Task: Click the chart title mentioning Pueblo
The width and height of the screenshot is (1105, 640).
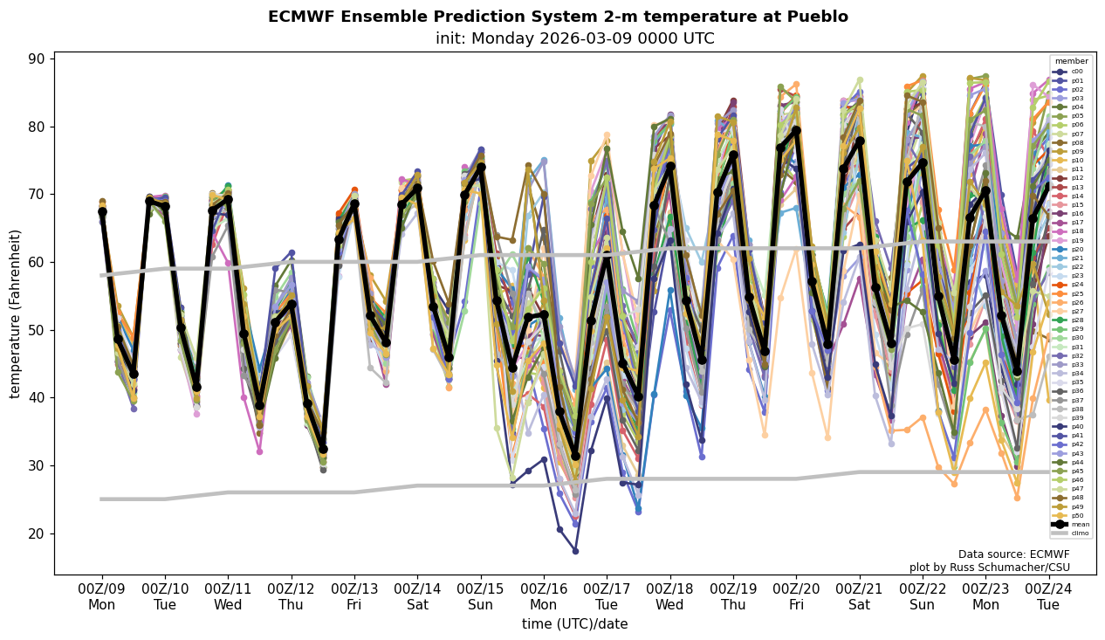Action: (558, 17)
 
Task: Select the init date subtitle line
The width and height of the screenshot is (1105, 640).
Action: (574, 38)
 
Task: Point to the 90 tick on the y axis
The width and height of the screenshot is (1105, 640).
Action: (38, 58)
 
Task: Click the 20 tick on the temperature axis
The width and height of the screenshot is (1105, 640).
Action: (38, 533)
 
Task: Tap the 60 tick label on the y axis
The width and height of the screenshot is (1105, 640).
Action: (38, 262)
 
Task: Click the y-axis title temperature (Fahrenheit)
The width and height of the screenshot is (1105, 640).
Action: (16, 313)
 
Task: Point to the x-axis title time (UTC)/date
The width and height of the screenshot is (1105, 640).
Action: (574, 624)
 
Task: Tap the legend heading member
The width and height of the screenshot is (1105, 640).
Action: (1072, 61)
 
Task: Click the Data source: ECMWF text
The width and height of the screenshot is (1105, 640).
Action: (1013, 554)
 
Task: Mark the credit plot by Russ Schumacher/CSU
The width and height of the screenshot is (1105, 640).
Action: (989, 568)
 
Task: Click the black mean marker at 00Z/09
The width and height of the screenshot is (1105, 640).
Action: (102, 211)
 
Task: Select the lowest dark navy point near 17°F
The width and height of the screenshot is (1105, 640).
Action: (575, 551)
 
